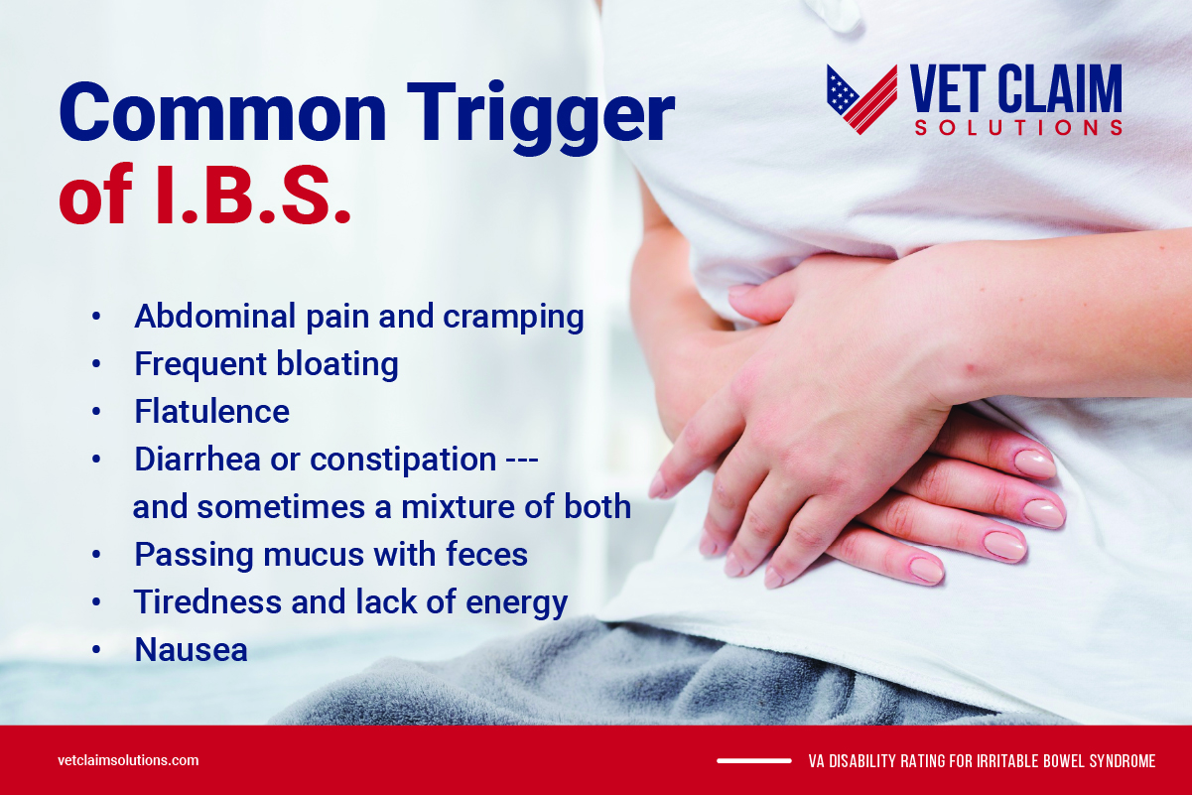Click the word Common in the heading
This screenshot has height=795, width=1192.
[x=220, y=114]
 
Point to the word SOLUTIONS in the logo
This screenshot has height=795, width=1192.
[x=1018, y=128]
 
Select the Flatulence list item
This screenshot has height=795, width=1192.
[x=211, y=411]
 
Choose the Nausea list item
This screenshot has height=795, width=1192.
[x=191, y=650]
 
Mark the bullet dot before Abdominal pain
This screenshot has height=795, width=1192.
[x=96, y=318]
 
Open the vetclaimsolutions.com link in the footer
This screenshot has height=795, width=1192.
[x=128, y=761]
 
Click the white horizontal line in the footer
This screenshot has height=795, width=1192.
[x=753, y=761]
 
